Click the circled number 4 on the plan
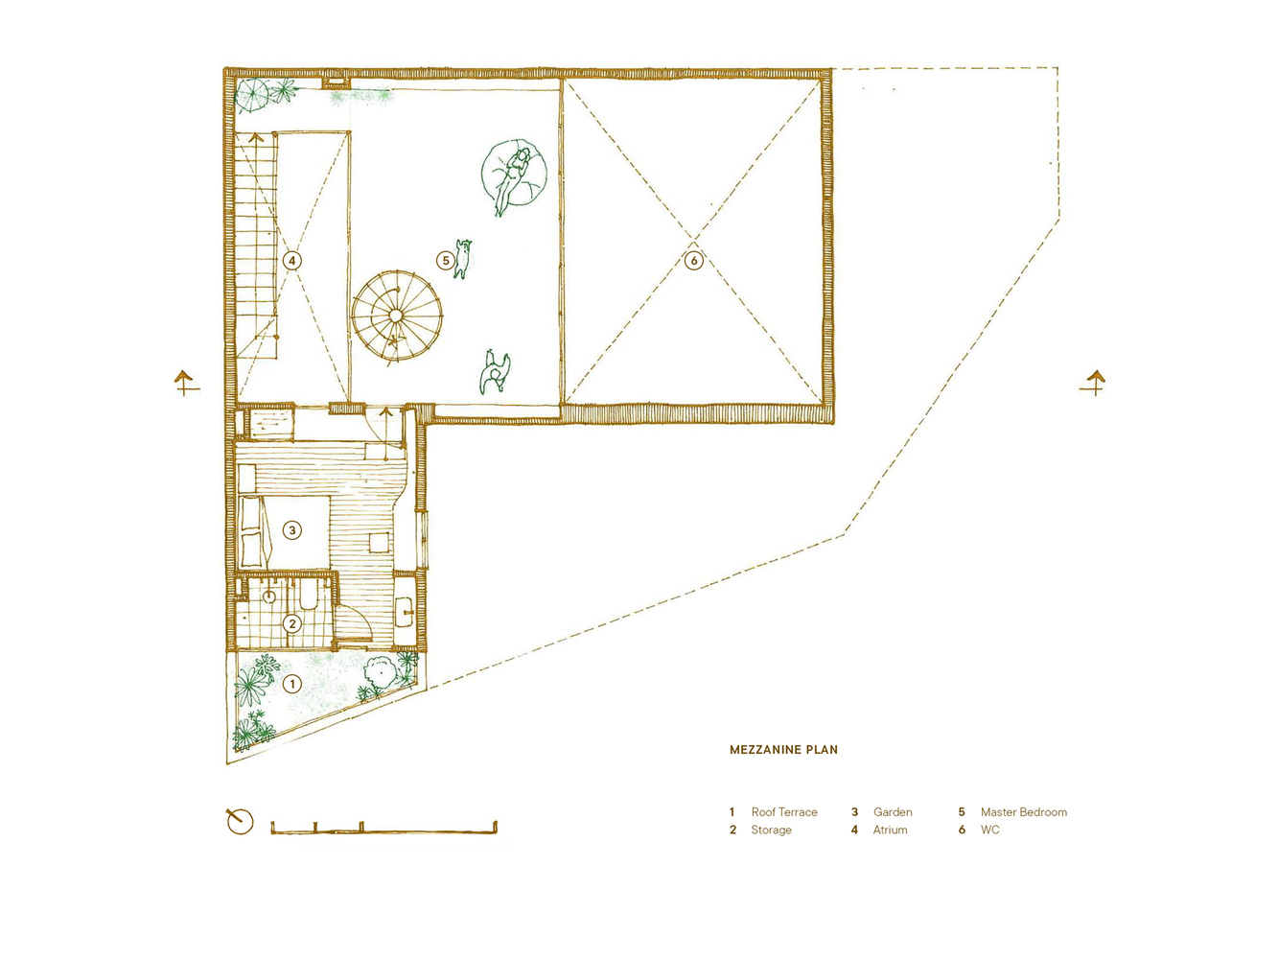click(x=292, y=260)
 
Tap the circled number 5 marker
click(x=446, y=260)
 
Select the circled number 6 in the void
click(x=693, y=260)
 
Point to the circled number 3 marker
click(x=292, y=530)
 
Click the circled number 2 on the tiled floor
click(x=292, y=624)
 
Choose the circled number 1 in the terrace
click(x=292, y=684)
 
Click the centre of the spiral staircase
click(x=396, y=315)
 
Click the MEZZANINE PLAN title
click(x=783, y=749)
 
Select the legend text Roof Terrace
click(x=784, y=811)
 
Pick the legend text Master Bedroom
click(x=1024, y=811)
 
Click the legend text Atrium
click(x=890, y=830)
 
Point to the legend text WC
click(x=989, y=830)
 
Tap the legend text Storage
click(x=772, y=830)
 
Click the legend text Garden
click(x=893, y=811)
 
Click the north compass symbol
click(x=240, y=822)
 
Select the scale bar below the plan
click(x=383, y=828)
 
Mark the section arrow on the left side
click(x=186, y=384)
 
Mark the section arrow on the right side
click(x=1093, y=384)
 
